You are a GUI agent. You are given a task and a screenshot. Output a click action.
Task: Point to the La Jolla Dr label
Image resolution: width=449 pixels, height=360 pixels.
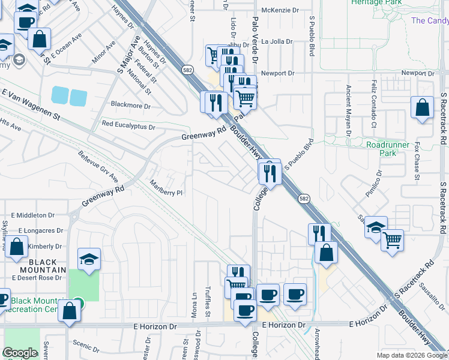pos(276,42)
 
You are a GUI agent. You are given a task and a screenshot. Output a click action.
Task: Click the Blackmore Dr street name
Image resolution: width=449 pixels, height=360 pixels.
pos(131,106)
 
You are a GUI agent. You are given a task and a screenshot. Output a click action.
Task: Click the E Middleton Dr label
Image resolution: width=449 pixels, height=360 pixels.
pos(32,215)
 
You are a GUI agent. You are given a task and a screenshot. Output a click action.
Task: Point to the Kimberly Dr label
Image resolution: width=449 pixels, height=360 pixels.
pos(44,246)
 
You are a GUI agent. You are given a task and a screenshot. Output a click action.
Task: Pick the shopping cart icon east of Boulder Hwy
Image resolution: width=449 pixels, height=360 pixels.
pos(392,240)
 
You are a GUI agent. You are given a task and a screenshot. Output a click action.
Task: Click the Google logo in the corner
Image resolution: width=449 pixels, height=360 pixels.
pos(20,353)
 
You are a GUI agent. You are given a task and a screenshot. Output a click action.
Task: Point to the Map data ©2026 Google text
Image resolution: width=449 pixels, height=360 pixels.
pos(411,355)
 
